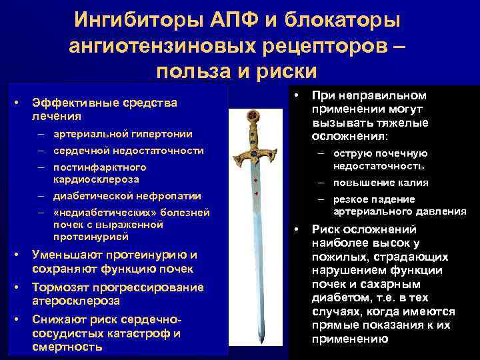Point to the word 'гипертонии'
click(x=156, y=133)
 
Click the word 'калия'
click(x=413, y=183)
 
